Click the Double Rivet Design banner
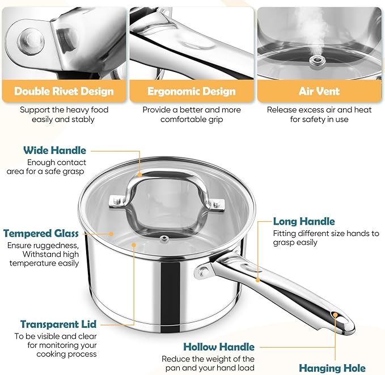pos(64,91)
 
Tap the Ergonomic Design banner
pos(192,91)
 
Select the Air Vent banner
pos(319,91)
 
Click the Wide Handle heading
pos(54,150)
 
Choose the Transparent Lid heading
pos(58,325)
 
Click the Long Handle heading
pos(304,221)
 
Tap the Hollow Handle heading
pos(219,347)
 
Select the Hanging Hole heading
pos(332,368)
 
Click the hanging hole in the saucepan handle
pos(336,315)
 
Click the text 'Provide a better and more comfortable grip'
pos(192,115)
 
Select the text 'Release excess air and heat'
pos(319,110)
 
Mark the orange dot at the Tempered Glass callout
pos(112,233)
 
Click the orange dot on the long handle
pos(258,279)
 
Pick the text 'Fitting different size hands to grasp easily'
pos(325,238)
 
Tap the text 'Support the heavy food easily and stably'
pos(64,115)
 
